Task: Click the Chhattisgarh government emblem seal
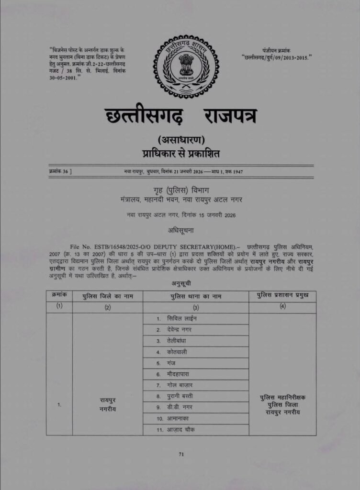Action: (186, 67)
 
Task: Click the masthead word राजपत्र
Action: (230, 117)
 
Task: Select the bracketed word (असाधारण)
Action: (180, 140)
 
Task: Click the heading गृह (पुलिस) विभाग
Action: (180, 190)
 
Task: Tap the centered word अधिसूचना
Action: (180, 230)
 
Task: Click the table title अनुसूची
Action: (181, 283)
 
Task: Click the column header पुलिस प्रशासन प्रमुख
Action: (282, 296)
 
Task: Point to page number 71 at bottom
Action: (181, 455)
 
